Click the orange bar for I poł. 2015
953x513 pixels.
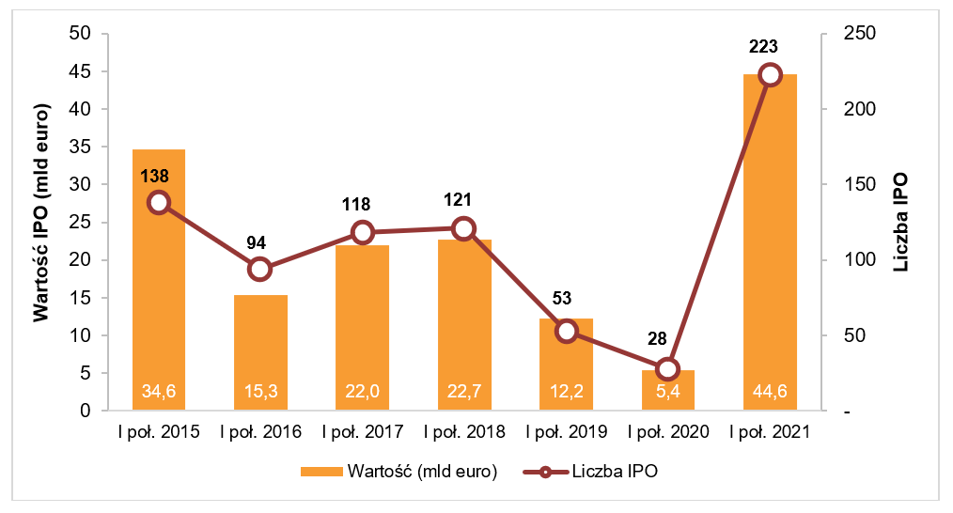[x=158, y=282]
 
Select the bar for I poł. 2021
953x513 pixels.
[x=769, y=244]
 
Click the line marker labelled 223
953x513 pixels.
[x=770, y=75]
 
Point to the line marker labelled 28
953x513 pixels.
[x=667, y=368]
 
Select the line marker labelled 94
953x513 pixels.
[x=260, y=269]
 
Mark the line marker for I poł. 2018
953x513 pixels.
[x=463, y=228]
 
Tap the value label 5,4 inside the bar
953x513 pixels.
[x=667, y=392]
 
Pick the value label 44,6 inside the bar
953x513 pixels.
[x=769, y=392]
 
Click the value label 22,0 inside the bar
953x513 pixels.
[x=362, y=392]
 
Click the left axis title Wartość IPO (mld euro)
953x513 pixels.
[x=41, y=223]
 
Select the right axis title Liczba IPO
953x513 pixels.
[x=901, y=223]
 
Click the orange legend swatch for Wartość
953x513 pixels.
[x=320, y=472]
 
